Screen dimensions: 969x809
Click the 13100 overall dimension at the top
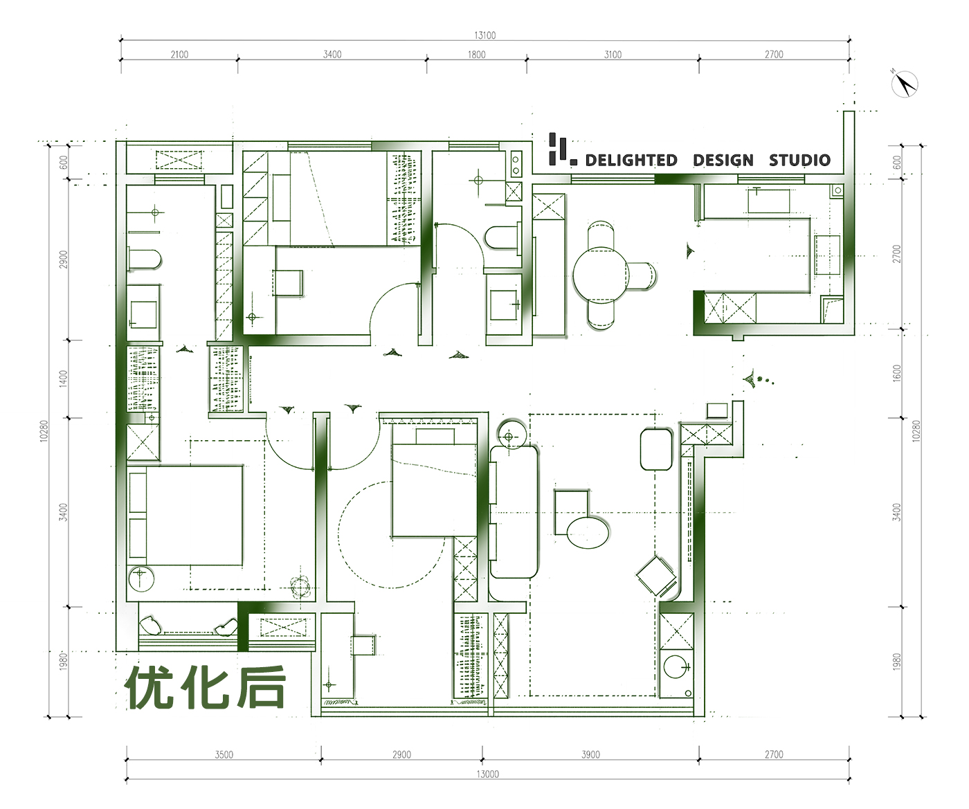[x=485, y=35]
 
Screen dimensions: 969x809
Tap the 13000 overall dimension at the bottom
[x=488, y=774]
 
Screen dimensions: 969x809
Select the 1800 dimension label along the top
[x=477, y=55]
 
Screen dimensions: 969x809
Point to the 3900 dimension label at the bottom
[x=591, y=755]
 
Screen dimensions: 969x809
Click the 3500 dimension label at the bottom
[x=224, y=755]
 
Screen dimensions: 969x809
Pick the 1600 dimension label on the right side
[x=896, y=373]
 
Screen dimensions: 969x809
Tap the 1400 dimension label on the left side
[x=64, y=379]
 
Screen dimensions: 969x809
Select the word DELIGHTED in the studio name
[x=631, y=160]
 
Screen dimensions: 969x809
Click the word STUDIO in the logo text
[x=799, y=160]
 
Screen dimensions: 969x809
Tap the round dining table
[x=601, y=275]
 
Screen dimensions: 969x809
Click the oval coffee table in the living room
[x=588, y=534]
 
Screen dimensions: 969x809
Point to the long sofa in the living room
[x=514, y=511]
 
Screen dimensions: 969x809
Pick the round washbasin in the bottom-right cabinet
[x=676, y=667]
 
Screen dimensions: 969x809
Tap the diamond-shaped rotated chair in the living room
[x=655, y=576]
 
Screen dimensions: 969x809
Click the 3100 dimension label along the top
[x=613, y=55]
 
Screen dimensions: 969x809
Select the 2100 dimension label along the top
[x=179, y=55]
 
